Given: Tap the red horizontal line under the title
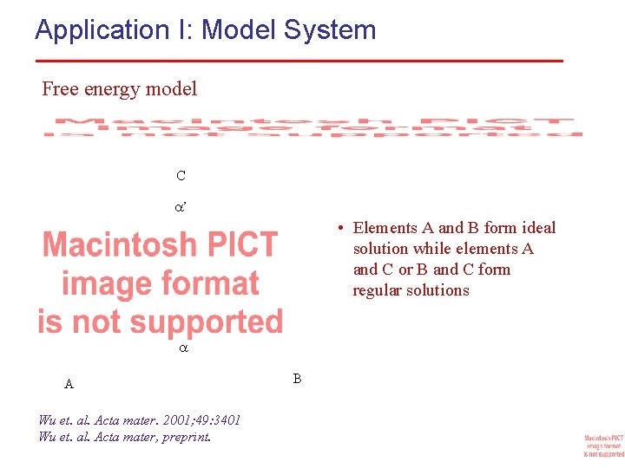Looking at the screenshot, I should (x=299, y=61).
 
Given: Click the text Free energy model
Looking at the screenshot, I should (x=119, y=88).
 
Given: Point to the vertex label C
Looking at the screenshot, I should (x=181, y=176).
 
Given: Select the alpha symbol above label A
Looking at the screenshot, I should (x=182, y=348).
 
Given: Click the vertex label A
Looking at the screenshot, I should (x=69, y=384).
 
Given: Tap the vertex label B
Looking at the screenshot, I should (x=297, y=379).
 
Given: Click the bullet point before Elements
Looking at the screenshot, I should (x=344, y=228).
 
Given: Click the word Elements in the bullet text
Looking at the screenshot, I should (x=385, y=228).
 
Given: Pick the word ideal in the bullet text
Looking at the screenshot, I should (x=538, y=228).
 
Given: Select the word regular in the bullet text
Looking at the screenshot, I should (x=378, y=290).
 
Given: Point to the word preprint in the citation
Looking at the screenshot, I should (x=186, y=436).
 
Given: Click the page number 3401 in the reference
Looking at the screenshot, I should (x=225, y=420).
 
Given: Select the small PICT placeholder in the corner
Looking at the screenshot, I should (x=603, y=445).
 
